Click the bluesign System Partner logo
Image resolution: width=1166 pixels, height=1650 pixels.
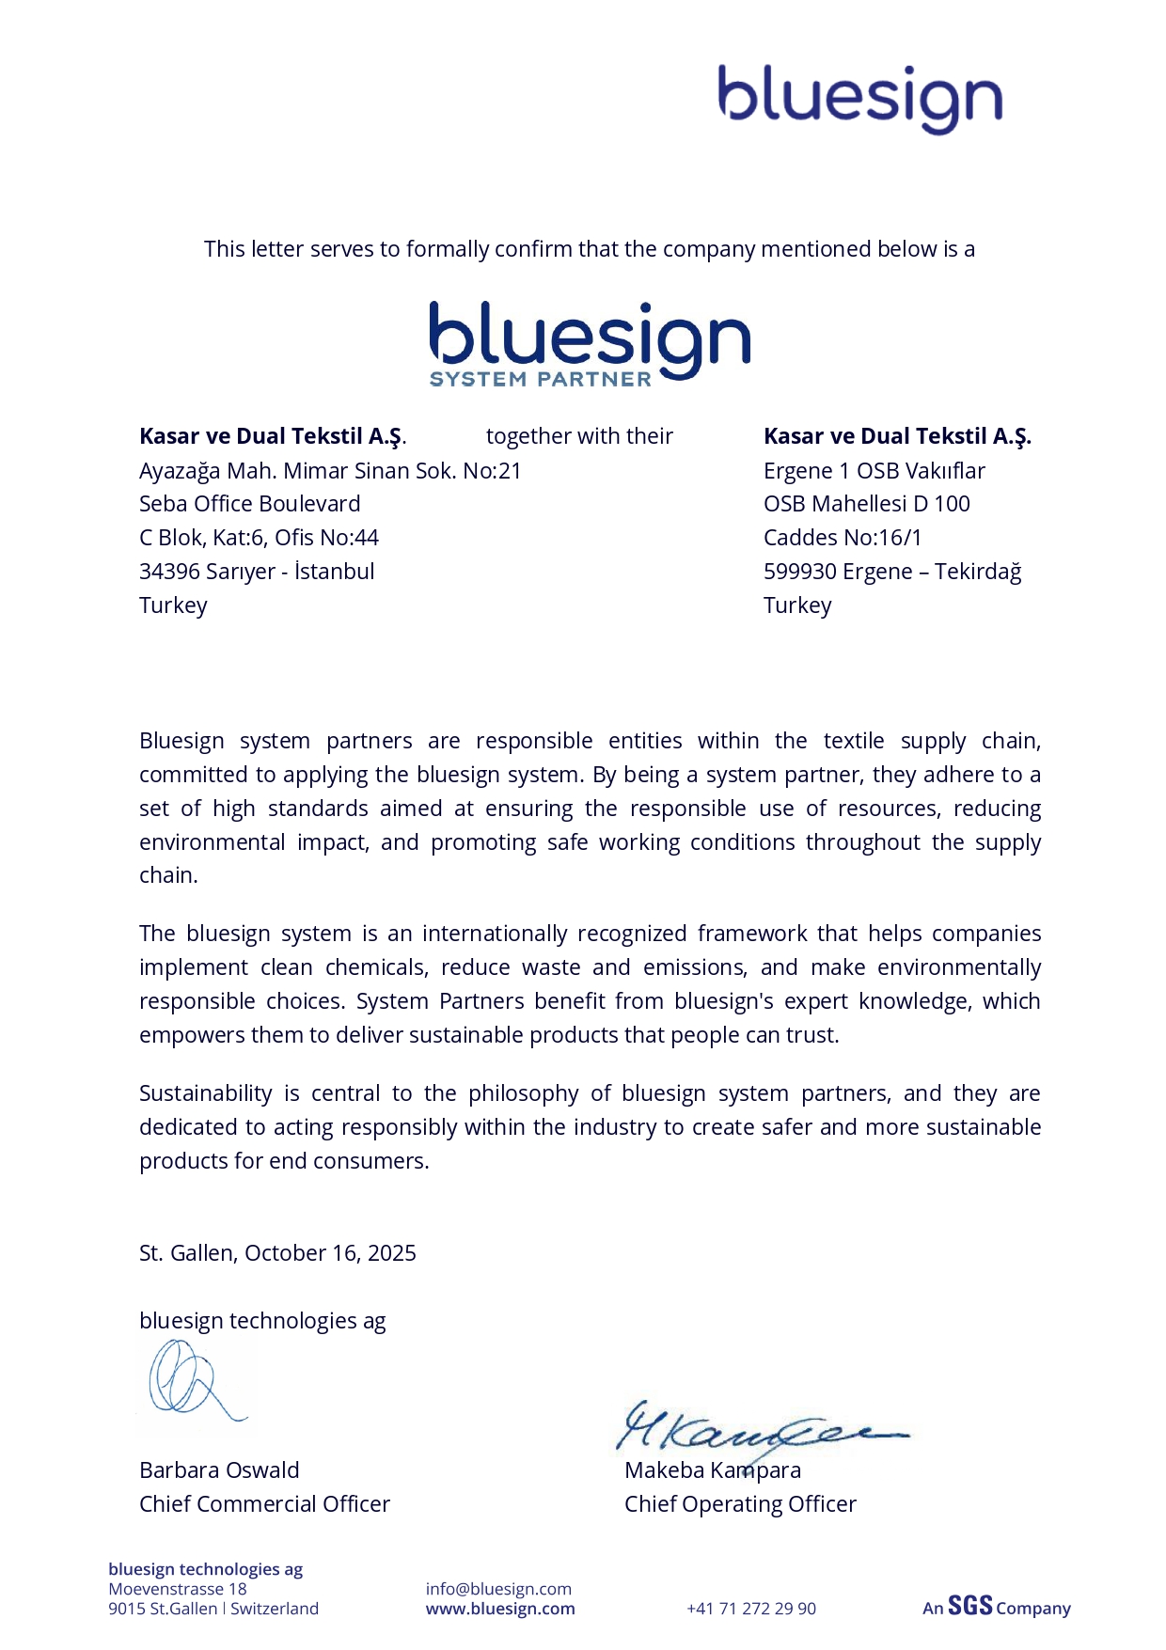[x=590, y=344]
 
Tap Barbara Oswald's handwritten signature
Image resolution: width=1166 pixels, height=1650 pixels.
[x=193, y=1380]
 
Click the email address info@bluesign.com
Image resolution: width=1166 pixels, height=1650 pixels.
[x=498, y=1589]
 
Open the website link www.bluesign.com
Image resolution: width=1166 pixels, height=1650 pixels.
[x=500, y=1609]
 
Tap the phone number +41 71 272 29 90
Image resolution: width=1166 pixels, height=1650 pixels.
[x=751, y=1609]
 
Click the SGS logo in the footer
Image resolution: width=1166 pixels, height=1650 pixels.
[x=969, y=1606]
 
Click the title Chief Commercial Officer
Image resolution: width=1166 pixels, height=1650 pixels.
[x=264, y=1504]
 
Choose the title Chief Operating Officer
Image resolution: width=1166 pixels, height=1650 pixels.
[x=740, y=1504]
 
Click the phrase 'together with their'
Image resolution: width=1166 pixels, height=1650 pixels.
[x=579, y=436]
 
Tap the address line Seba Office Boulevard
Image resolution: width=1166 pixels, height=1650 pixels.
[x=249, y=504]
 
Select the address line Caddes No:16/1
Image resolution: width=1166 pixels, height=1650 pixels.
[x=843, y=538]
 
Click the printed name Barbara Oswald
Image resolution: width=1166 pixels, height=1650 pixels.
[x=219, y=1470]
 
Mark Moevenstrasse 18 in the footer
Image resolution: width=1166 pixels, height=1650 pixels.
[x=178, y=1589]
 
